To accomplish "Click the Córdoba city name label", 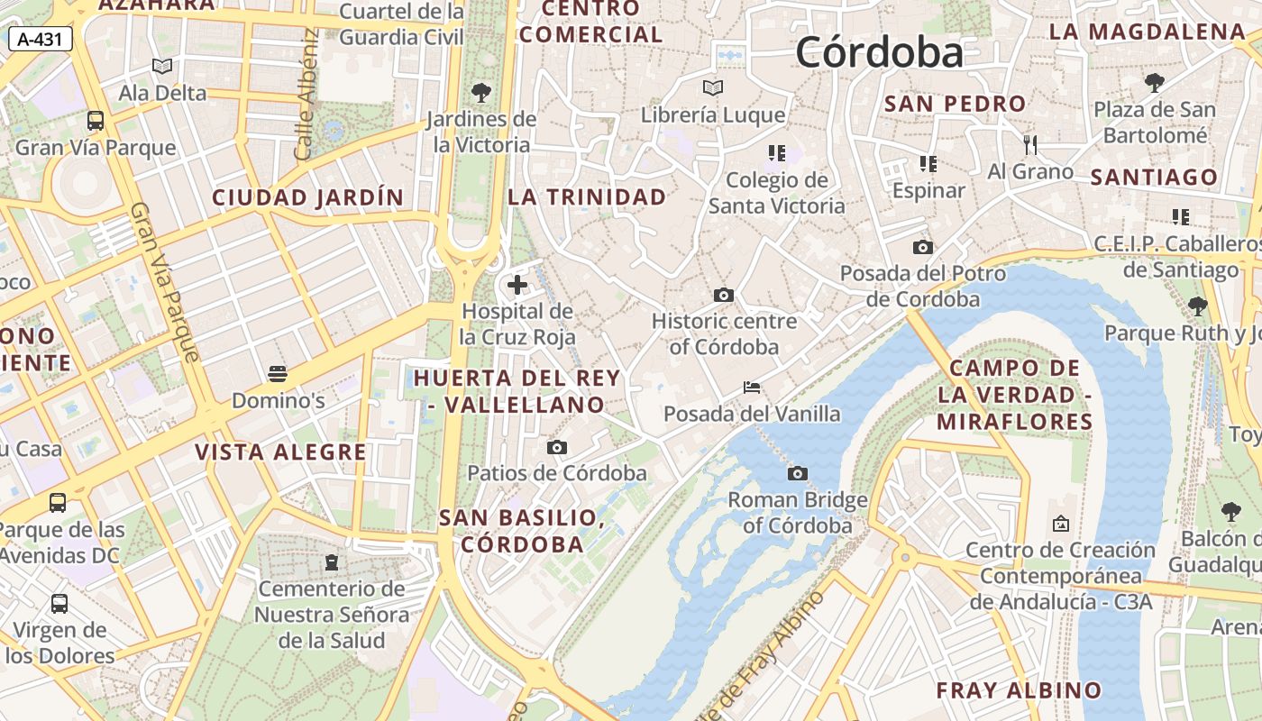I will [879, 52].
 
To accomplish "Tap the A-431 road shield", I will [40, 39].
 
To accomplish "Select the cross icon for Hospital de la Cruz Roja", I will [517, 286].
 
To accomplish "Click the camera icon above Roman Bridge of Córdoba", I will [797, 473].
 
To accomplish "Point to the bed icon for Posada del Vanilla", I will [752, 388].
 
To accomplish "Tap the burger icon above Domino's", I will [278, 373].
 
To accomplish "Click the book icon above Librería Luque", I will [713, 88].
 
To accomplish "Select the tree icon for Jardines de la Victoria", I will [481, 92].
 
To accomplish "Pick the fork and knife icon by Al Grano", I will [1030, 144].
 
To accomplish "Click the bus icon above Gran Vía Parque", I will [96, 121].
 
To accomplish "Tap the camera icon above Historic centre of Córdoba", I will [723, 295].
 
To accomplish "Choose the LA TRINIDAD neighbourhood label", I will [587, 196].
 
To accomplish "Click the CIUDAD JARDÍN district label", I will [308, 197].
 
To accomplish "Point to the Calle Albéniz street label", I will [306, 95].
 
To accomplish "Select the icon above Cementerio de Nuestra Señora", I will [332, 562].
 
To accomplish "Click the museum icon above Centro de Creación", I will [1060, 523].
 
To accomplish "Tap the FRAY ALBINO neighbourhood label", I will [1019, 690].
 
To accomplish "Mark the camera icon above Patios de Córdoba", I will [557, 447].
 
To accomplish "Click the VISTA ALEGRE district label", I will [281, 452].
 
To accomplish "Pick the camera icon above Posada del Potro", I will [922, 247].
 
